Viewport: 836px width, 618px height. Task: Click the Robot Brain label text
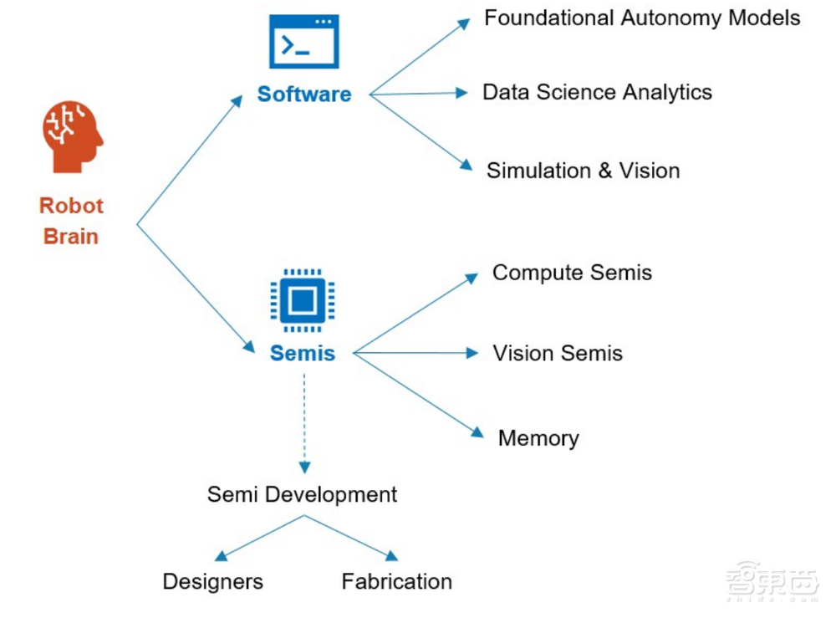tap(71, 221)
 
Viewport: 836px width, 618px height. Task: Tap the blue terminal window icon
tap(303, 41)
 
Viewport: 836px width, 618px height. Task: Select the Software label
tap(303, 94)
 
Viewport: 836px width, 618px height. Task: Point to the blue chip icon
tap(302, 300)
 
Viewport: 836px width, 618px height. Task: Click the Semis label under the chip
tap(302, 353)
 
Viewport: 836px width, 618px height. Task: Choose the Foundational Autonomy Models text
tap(642, 18)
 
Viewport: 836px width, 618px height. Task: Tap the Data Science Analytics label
tap(597, 92)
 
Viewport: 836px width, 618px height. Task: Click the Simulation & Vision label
tap(583, 171)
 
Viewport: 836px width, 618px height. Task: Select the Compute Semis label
tap(572, 273)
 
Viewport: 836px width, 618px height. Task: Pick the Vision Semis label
tap(558, 353)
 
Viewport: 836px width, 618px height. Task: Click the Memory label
tap(538, 438)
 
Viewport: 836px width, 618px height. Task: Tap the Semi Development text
tap(302, 494)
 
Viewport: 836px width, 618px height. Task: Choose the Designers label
tap(212, 581)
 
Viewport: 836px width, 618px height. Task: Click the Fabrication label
tap(396, 581)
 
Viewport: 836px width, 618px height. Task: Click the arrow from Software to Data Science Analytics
tap(418, 94)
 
